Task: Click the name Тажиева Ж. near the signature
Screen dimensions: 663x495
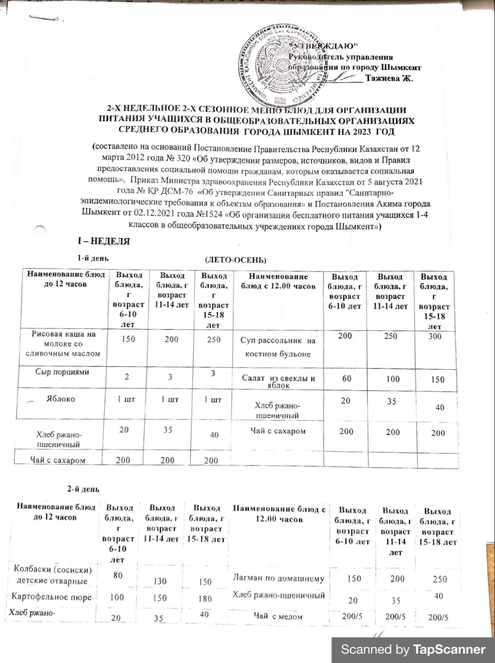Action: click(x=389, y=79)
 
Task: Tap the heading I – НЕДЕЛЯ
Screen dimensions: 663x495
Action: click(x=103, y=241)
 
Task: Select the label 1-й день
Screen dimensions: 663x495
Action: click(x=93, y=258)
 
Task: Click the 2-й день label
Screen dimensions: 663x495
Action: click(x=83, y=488)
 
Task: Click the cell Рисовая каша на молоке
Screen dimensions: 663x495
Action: click(x=63, y=343)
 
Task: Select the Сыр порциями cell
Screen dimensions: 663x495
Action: click(x=62, y=372)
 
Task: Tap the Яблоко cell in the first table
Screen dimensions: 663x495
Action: click(x=62, y=399)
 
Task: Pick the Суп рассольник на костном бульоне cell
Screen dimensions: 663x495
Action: click(x=278, y=347)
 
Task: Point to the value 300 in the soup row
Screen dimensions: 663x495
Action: click(x=435, y=336)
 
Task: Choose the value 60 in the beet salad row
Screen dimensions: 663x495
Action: click(x=346, y=379)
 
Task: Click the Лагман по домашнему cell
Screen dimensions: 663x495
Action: click(x=279, y=579)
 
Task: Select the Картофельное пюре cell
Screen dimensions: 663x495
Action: click(x=51, y=597)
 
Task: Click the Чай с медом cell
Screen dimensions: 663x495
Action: click(x=278, y=616)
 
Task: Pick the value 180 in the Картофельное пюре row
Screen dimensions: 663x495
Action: click(x=205, y=598)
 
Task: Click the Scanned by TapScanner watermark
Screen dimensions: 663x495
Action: click(x=413, y=650)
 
